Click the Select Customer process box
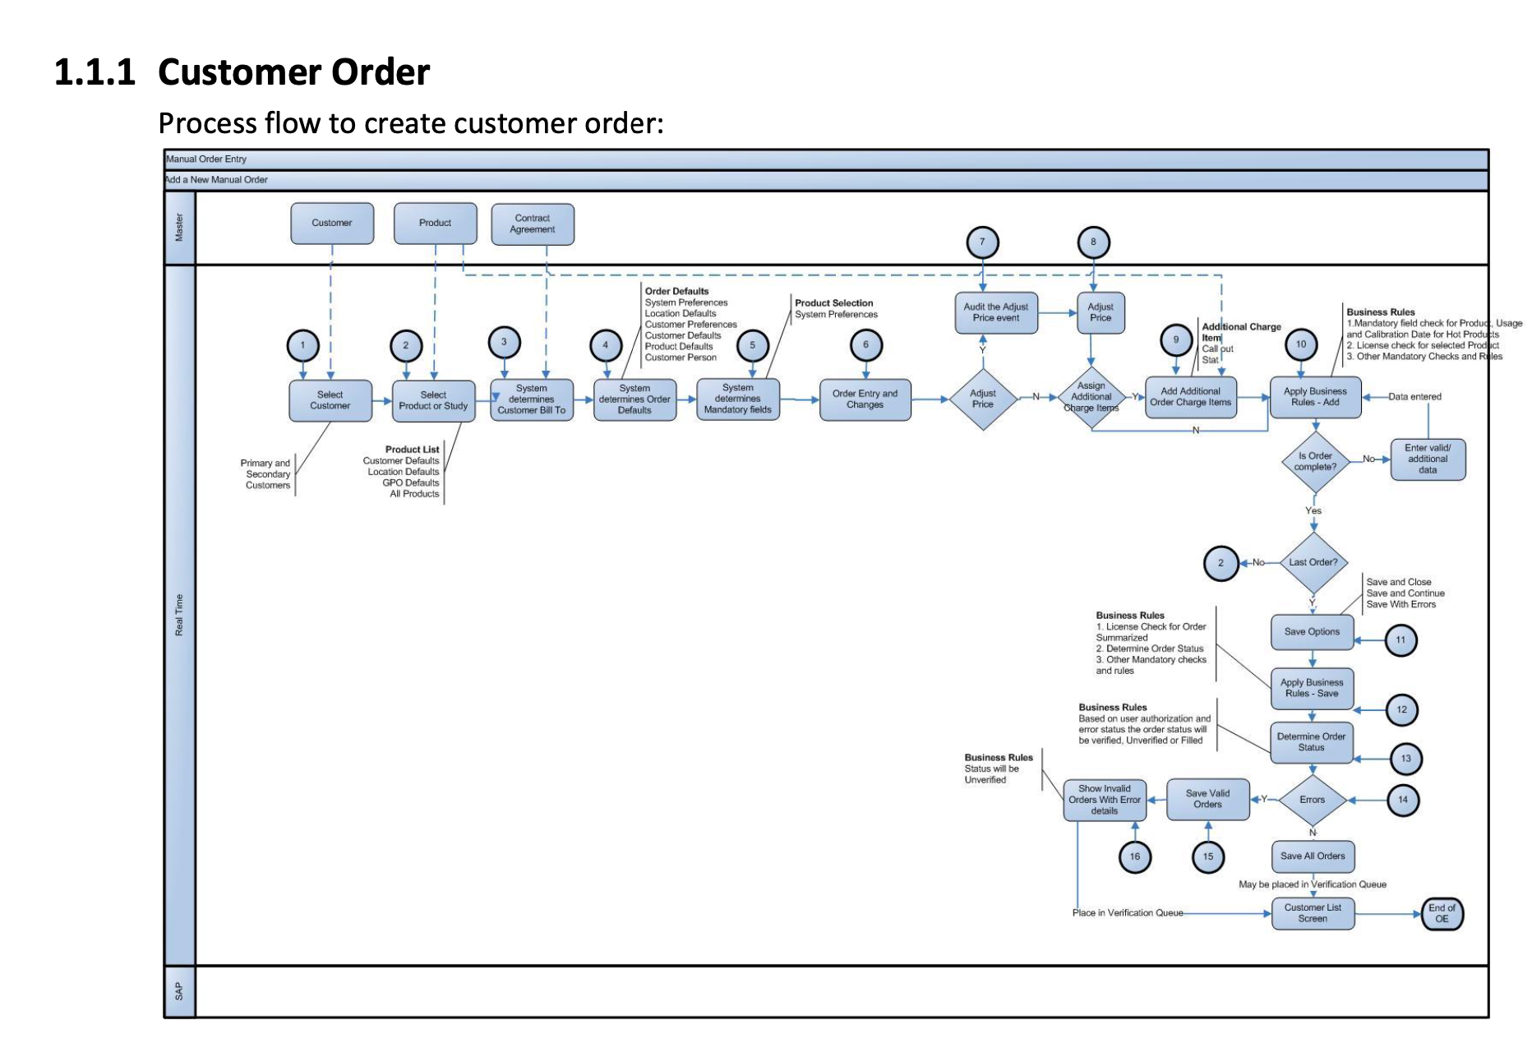(x=330, y=400)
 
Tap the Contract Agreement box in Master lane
(x=533, y=224)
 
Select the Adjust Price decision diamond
(x=982, y=399)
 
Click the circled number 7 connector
(x=982, y=242)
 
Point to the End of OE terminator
(x=1442, y=914)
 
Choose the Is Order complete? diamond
(x=1315, y=462)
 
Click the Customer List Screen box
(x=1313, y=913)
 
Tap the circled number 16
(x=1135, y=856)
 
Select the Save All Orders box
(x=1313, y=856)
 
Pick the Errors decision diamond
(x=1313, y=800)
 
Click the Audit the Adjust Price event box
(x=996, y=312)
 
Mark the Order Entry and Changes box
(x=865, y=399)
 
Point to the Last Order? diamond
(x=1313, y=563)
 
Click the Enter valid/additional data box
(x=1428, y=459)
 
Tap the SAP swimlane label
(x=179, y=992)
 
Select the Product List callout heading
(x=412, y=450)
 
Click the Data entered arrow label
(x=1414, y=397)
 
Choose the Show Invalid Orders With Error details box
(x=1105, y=800)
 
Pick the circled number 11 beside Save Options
(x=1400, y=639)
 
